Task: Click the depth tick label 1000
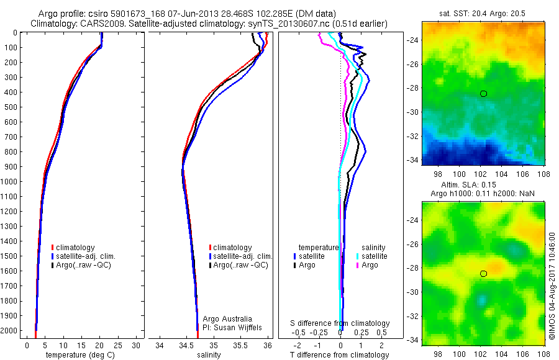[x=11, y=182]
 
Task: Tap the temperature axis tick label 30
[x=136, y=344]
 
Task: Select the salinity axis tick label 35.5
[x=240, y=344]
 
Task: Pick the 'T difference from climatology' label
[x=340, y=355]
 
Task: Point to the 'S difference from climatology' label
[x=340, y=323]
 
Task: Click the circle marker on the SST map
[x=483, y=94]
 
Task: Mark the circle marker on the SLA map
[x=483, y=274]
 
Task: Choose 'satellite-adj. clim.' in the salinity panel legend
[x=243, y=256]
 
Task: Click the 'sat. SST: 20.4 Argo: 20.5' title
[x=483, y=13]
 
